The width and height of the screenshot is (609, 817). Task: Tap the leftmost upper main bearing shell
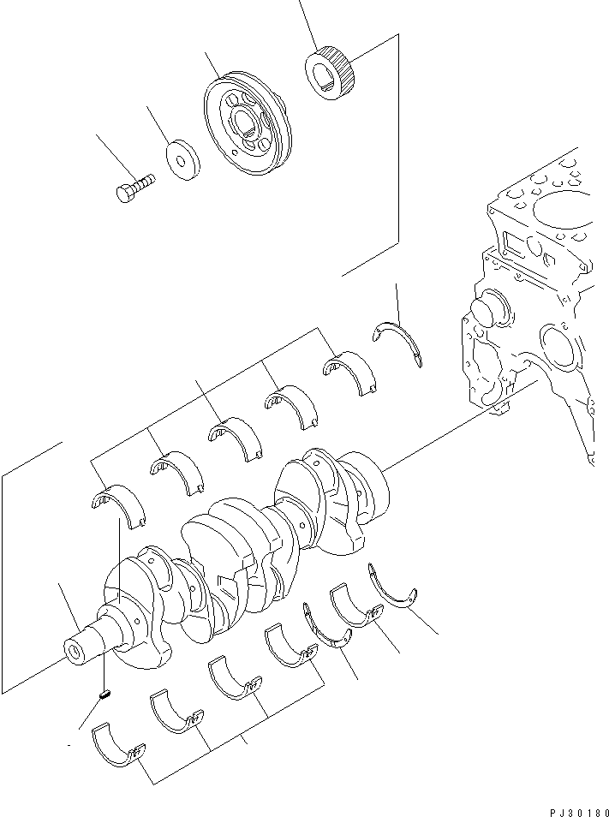point(118,506)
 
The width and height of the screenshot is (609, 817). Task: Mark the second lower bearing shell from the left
point(176,711)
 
